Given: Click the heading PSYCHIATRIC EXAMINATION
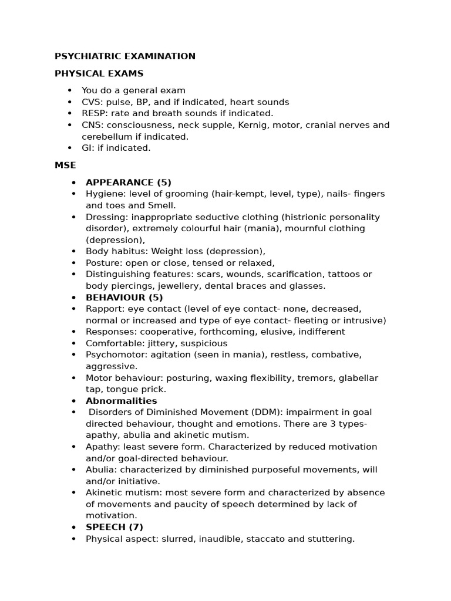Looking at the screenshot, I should tap(125, 56).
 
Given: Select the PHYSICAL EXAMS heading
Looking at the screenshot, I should tap(99, 74).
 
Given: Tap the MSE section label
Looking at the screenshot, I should tap(65, 166).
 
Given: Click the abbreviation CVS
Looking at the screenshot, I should tap(91, 102).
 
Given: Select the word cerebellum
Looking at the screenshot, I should tap(106, 137).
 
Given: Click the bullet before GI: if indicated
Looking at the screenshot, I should tap(69, 148).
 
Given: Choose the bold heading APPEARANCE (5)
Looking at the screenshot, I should tap(129, 183).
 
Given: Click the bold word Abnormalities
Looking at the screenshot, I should tap(122, 401).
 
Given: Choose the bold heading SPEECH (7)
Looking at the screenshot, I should tap(115, 527).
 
